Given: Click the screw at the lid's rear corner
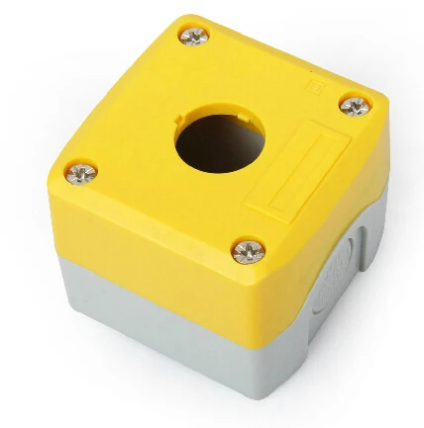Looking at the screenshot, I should tap(193, 37).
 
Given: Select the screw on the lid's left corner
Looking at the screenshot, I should tap(81, 174).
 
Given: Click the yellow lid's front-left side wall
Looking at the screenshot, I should tap(139, 247).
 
